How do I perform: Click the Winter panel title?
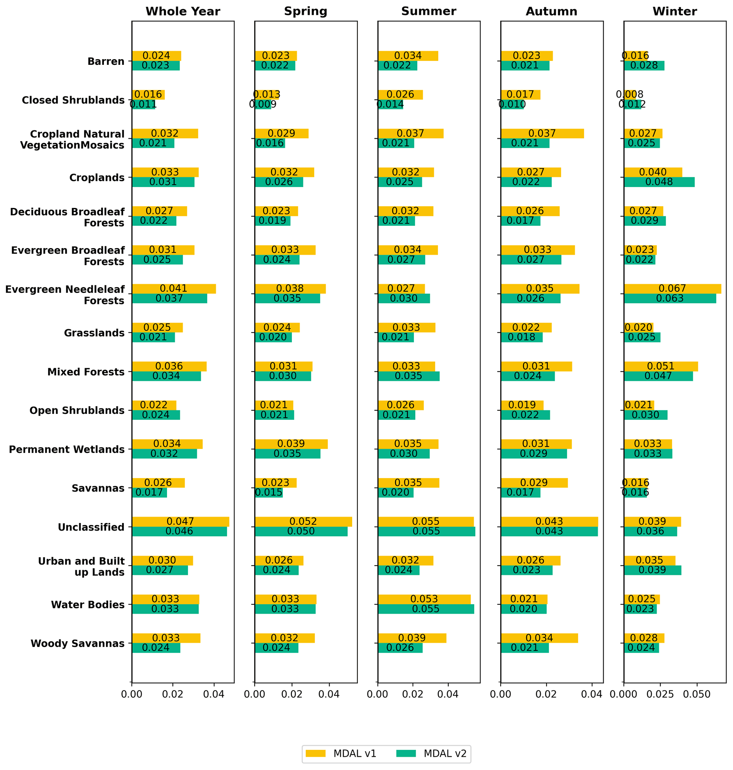[674, 12]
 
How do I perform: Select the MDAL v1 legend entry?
[340, 754]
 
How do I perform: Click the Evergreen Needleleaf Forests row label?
[65, 295]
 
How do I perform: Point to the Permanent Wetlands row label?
[67, 449]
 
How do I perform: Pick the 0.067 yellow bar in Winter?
[672, 288]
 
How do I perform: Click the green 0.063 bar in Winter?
[670, 299]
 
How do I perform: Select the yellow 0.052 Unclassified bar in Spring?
[303, 522]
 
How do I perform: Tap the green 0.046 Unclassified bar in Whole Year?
[179, 532]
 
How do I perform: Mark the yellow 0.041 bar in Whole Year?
[174, 288]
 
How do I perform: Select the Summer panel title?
[429, 12]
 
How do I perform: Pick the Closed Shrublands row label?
[73, 100]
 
